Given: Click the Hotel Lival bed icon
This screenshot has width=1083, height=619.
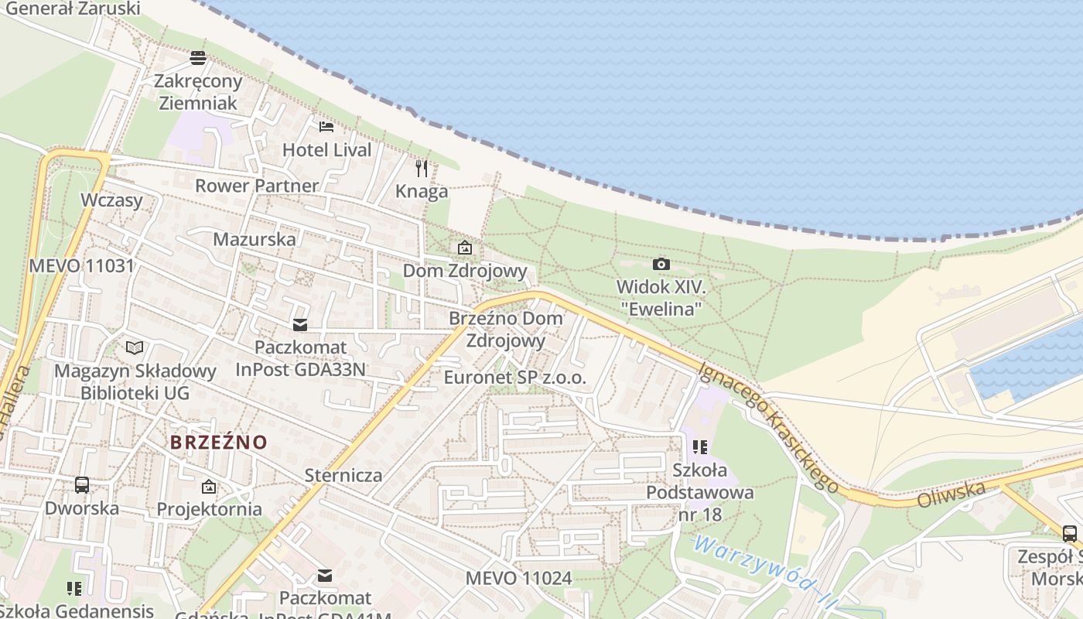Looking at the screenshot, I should coord(326,126).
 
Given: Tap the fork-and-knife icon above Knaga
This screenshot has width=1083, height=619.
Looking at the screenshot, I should coord(422,168).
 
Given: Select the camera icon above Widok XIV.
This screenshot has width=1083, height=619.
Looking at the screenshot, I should coord(661,265).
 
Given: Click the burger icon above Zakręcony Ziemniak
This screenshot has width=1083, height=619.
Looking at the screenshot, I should coord(198,57).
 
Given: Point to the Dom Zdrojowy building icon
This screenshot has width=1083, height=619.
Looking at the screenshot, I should coord(465,248).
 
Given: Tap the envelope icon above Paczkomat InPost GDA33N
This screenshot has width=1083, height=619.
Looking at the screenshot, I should coord(299,325).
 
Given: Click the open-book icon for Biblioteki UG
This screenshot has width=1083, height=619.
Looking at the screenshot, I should coord(135,347).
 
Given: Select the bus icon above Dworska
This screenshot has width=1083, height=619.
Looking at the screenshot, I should coord(82,485).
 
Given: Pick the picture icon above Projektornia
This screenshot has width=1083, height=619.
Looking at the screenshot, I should coord(209,487).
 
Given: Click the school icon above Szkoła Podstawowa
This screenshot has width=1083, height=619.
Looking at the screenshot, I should coord(700,447).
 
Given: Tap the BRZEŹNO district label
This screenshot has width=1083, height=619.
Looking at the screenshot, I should coord(219,443).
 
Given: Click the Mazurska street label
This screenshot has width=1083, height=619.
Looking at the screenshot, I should coord(255,239).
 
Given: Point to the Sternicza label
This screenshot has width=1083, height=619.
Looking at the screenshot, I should coord(343,475).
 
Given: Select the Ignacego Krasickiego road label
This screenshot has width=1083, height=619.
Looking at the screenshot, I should coord(769,427).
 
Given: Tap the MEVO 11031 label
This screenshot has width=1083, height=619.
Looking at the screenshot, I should coord(81,266).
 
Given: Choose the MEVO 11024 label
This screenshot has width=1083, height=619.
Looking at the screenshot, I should coord(518,578).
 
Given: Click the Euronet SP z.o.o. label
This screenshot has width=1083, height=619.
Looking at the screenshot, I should coord(515,378).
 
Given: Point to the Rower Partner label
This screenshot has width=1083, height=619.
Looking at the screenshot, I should coord(256,186).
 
